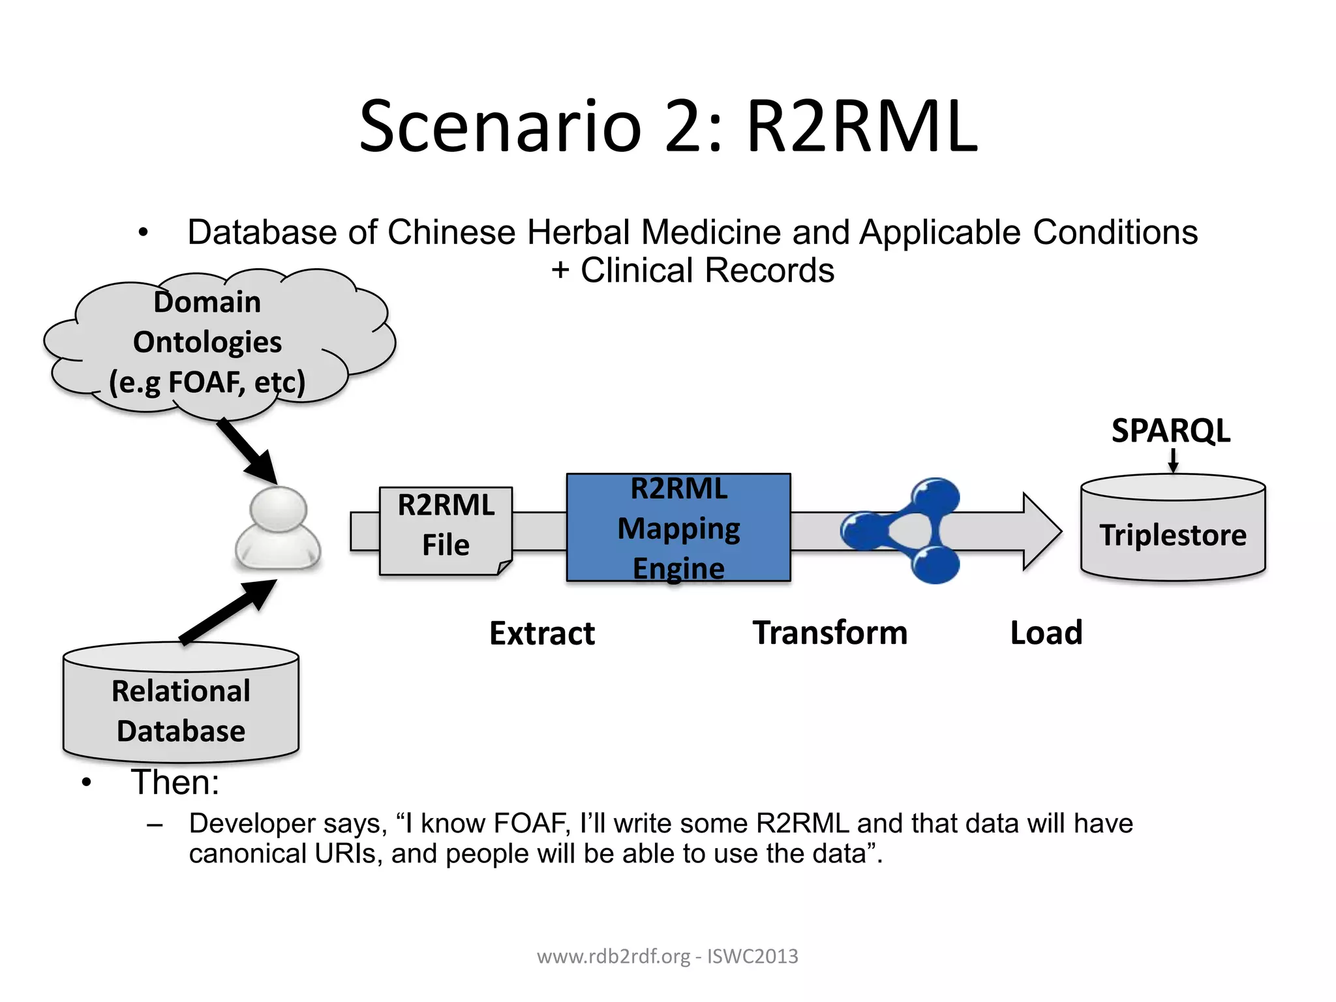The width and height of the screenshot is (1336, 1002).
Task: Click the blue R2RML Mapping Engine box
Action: (x=678, y=527)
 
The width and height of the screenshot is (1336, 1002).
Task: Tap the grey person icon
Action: (x=278, y=528)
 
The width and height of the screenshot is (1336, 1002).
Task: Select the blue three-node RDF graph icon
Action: (x=903, y=530)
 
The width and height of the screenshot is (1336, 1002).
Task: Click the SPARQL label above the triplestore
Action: (x=1170, y=431)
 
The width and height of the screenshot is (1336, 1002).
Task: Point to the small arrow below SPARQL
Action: (x=1173, y=460)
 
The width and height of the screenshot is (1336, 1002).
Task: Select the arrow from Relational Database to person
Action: (x=228, y=610)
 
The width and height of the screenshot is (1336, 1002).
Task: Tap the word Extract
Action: (x=542, y=633)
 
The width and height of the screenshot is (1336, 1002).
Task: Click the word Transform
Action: (x=830, y=633)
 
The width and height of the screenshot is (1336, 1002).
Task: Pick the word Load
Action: (x=1046, y=633)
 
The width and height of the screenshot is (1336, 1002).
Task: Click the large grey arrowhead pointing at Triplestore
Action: (x=1041, y=532)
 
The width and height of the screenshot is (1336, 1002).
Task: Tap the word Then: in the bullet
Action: (x=175, y=782)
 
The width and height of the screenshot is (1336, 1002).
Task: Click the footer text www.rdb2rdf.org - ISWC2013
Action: (x=667, y=956)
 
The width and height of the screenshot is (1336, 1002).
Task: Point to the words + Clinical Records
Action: (x=693, y=271)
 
